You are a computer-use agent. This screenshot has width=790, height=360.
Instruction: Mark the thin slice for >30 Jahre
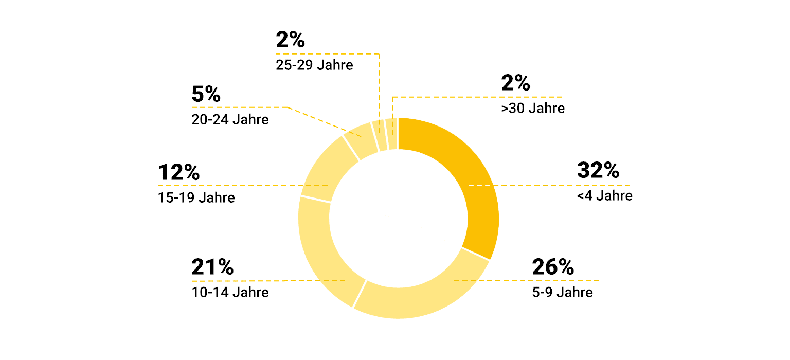point(392,134)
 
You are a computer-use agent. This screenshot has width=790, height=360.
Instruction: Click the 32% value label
point(598,170)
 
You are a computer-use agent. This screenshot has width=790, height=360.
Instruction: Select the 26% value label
point(553,267)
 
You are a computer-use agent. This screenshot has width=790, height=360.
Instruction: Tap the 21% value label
point(212,267)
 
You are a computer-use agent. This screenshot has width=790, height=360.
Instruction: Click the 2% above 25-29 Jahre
point(291,40)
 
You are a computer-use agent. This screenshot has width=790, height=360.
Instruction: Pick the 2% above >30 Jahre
point(515,83)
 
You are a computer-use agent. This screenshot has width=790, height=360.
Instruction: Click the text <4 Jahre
point(605,196)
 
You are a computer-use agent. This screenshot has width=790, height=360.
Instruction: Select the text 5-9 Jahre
point(563,292)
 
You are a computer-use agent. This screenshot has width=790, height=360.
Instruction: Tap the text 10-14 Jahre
point(230,292)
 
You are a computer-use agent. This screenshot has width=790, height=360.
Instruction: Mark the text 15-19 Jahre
point(196,197)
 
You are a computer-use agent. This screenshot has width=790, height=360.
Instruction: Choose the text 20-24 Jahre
point(230,119)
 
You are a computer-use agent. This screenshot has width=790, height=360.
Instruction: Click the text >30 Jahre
point(533,109)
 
